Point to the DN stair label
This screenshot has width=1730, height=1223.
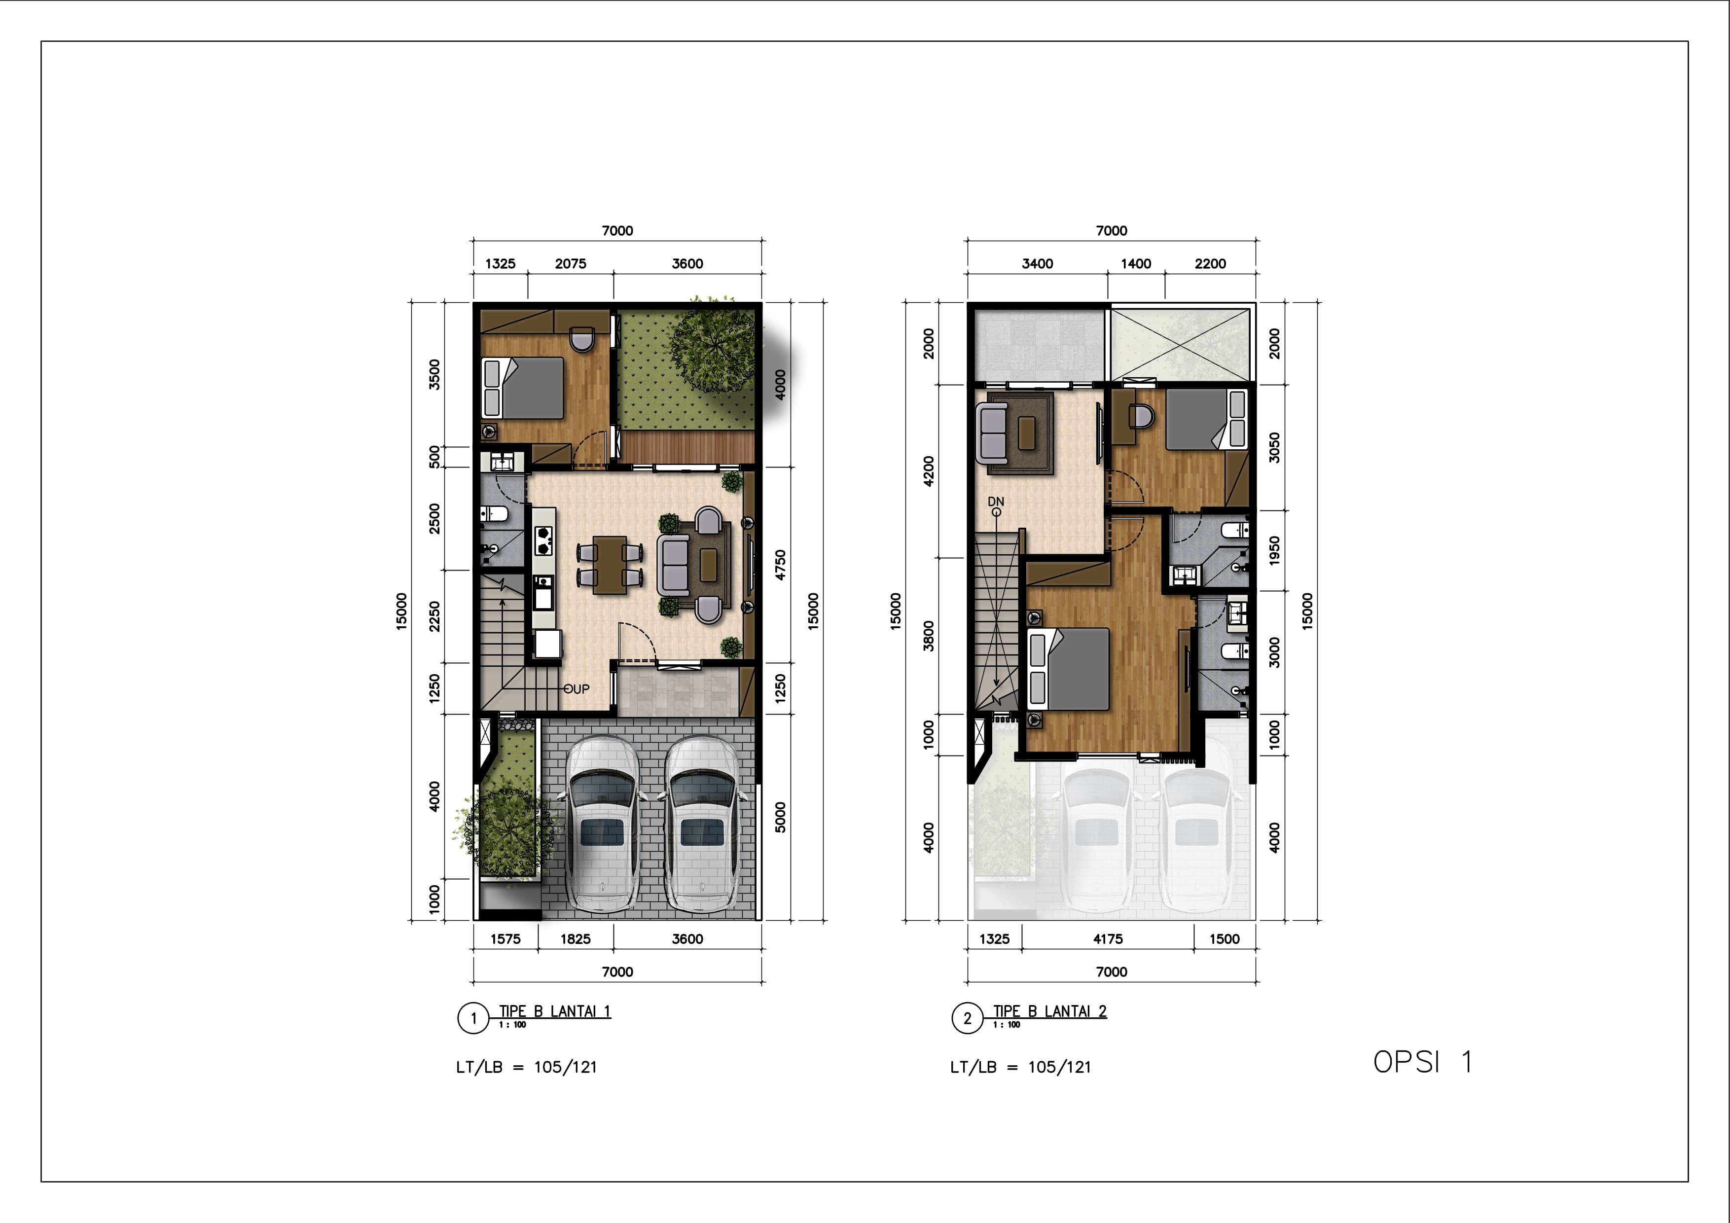pyautogui.click(x=996, y=501)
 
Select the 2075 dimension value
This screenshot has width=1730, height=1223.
pyautogui.click(x=571, y=264)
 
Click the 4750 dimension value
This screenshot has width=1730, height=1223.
pyautogui.click(x=781, y=564)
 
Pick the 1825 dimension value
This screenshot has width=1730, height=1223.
pyautogui.click(x=575, y=939)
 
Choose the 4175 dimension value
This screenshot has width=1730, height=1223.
pyautogui.click(x=1108, y=939)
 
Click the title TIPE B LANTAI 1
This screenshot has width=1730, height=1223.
pyautogui.click(x=555, y=1011)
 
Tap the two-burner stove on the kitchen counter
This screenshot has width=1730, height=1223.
pyautogui.click(x=543, y=537)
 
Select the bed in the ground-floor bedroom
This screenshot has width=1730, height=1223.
pyautogui.click(x=523, y=387)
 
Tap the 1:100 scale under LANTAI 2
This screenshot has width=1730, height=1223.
pyautogui.click(x=1006, y=1025)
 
